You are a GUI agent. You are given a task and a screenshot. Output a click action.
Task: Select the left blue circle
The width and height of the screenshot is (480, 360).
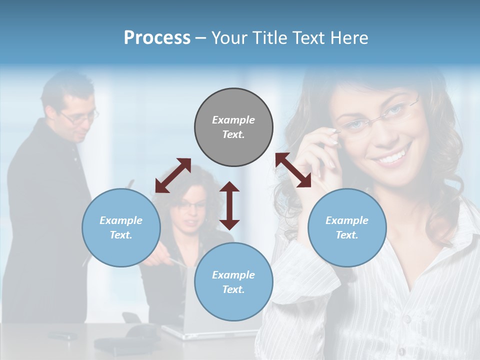tap(121, 227)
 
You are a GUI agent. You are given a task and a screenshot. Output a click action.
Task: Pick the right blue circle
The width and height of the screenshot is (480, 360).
tap(347, 227)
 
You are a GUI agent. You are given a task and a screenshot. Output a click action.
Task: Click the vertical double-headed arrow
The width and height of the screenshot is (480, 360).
tap(229, 205)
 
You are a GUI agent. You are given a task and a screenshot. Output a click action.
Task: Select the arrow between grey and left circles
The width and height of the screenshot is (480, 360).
tap(173, 175)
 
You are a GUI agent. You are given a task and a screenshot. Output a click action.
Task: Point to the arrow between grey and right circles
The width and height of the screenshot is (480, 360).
tap(293, 170)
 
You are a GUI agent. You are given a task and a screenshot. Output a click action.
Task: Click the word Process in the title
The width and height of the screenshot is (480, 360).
tap(157, 37)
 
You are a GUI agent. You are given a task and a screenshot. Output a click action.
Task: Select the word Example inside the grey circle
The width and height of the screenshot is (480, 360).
tap(233, 120)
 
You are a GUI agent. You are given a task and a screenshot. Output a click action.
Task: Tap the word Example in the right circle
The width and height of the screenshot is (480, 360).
tap(347, 220)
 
